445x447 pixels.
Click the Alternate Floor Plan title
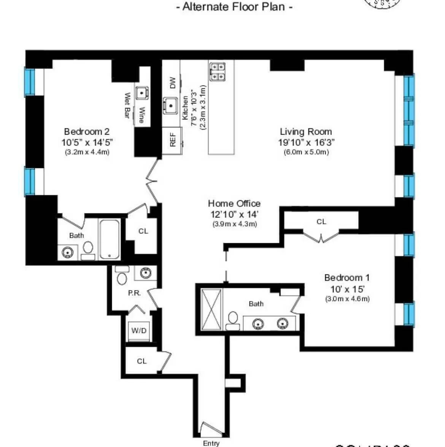click(x=234, y=7)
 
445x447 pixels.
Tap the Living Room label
click(x=306, y=132)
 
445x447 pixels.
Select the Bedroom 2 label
click(x=87, y=132)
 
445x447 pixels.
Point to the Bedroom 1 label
click(x=346, y=278)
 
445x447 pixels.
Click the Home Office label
click(x=234, y=203)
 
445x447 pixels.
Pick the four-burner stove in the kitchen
click(x=217, y=72)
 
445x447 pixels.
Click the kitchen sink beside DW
click(x=170, y=105)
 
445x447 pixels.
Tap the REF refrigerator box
click(x=172, y=140)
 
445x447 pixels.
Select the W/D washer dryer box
click(x=139, y=331)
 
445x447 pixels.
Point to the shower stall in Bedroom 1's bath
click(x=211, y=309)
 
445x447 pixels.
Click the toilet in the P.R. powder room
click(x=122, y=278)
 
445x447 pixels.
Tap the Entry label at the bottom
click(x=211, y=443)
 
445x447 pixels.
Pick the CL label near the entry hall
click(x=142, y=361)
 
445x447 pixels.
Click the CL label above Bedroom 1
click(x=321, y=222)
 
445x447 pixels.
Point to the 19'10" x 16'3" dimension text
click(x=306, y=143)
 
